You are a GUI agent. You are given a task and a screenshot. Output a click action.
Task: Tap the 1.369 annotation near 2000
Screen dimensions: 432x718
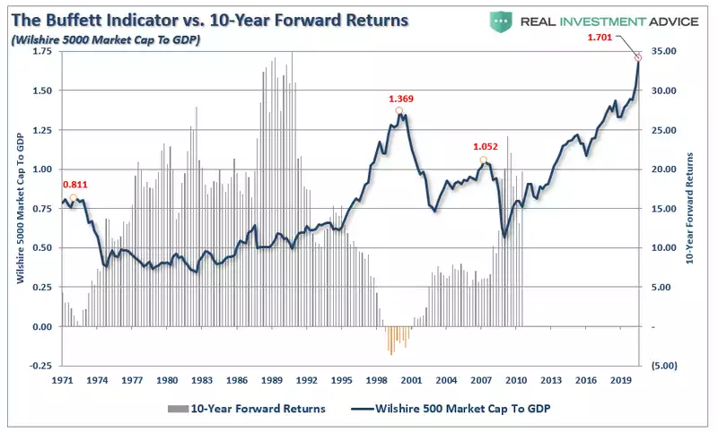coord(401,99)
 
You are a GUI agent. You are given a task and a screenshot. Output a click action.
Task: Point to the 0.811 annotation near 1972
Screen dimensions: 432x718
coord(74,186)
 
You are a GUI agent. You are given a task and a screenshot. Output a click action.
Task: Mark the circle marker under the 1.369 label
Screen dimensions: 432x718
coord(398,111)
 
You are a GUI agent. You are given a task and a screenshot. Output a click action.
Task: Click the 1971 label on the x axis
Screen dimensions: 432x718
coord(62,380)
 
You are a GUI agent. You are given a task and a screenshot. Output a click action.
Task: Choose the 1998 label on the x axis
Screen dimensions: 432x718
coord(376,380)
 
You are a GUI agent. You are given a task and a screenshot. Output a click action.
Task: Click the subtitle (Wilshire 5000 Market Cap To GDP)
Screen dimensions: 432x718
coord(104,40)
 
